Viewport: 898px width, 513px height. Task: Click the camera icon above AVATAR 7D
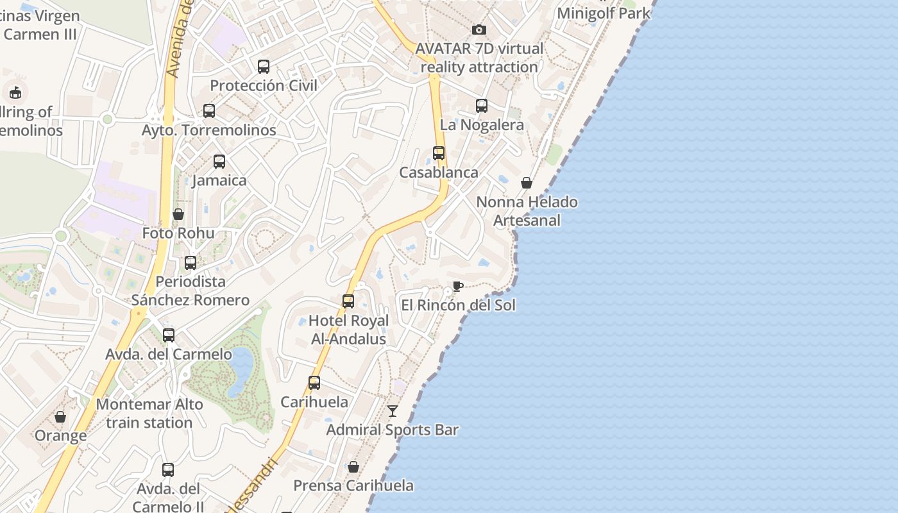[x=479, y=29]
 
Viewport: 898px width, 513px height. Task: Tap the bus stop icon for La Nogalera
[x=482, y=106]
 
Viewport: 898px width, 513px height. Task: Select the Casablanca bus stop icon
[x=439, y=153]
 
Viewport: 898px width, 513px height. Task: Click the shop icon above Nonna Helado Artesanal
[x=527, y=183]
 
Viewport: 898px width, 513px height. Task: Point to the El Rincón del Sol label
[x=458, y=305]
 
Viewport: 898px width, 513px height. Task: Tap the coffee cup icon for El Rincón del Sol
[x=457, y=286]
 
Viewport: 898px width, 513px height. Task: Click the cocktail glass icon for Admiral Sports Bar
[x=393, y=411]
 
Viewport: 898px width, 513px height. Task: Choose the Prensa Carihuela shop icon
[x=353, y=467]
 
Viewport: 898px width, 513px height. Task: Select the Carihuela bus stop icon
[x=314, y=383]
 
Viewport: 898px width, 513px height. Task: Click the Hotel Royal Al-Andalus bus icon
[x=348, y=301]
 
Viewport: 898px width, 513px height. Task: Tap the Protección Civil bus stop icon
[x=264, y=67]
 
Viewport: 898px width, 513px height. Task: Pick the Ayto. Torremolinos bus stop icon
[x=209, y=111]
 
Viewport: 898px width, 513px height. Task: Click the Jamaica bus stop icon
[x=219, y=162]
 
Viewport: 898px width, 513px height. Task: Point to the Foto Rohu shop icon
[x=178, y=214]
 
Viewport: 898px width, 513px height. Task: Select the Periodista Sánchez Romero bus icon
[x=191, y=263]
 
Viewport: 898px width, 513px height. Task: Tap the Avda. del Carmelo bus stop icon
[x=169, y=335]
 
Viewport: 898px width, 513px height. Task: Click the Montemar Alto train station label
[x=149, y=414]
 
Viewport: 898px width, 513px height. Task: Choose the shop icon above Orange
[x=60, y=417]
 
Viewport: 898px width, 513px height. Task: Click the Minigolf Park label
[x=604, y=13]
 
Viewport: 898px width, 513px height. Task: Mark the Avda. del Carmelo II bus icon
[x=168, y=470]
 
